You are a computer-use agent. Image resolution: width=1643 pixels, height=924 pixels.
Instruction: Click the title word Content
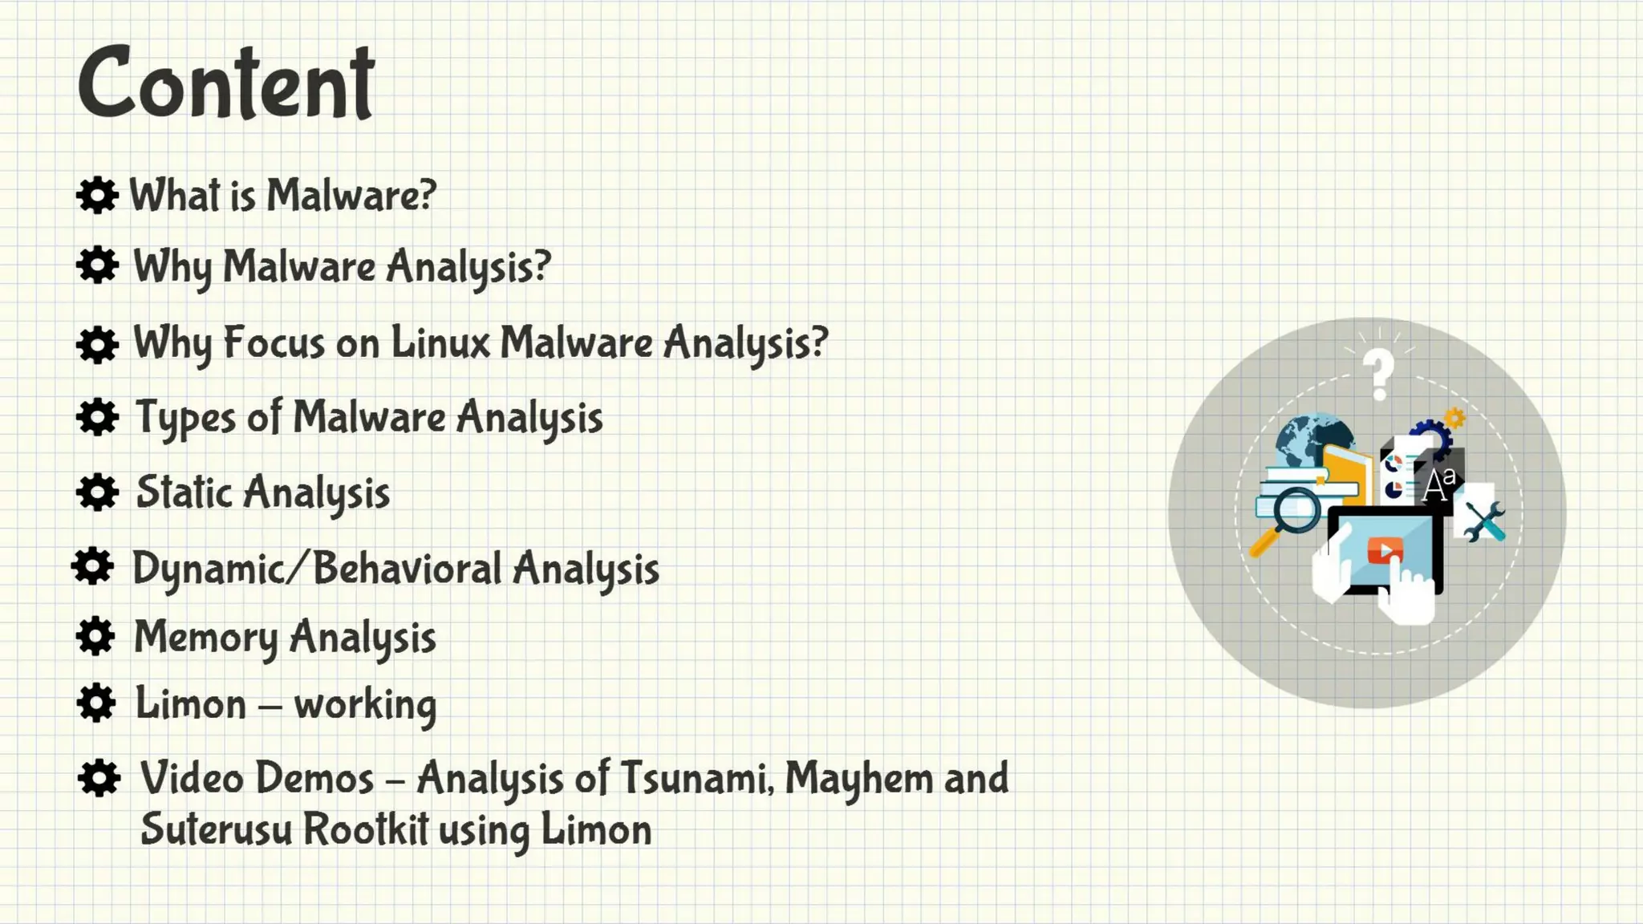[x=225, y=83]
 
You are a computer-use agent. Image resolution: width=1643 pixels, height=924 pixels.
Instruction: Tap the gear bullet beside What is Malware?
[x=97, y=195]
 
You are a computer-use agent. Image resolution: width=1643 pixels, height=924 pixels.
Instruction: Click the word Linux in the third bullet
[x=440, y=342]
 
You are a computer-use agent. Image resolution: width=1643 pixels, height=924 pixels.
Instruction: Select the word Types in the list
[x=185, y=418]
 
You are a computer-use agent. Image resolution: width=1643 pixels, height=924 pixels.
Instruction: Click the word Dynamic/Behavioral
[x=317, y=569]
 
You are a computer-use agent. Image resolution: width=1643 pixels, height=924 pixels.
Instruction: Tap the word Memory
[x=205, y=638]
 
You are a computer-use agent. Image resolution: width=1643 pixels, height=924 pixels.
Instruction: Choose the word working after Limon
[x=365, y=705]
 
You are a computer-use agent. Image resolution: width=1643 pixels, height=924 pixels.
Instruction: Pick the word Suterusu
[x=216, y=829]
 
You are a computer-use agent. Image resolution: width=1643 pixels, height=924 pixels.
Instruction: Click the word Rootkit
[x=366, y=829]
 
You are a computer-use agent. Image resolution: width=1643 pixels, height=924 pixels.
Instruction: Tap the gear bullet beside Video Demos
[x=99, y=778]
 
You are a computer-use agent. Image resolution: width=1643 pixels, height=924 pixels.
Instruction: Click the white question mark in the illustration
[x=1379, y=373]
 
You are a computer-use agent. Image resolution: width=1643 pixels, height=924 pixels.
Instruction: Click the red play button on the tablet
[x=1384, y=551]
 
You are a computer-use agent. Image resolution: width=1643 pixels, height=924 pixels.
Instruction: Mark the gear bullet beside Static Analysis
[x=97, y=492]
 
